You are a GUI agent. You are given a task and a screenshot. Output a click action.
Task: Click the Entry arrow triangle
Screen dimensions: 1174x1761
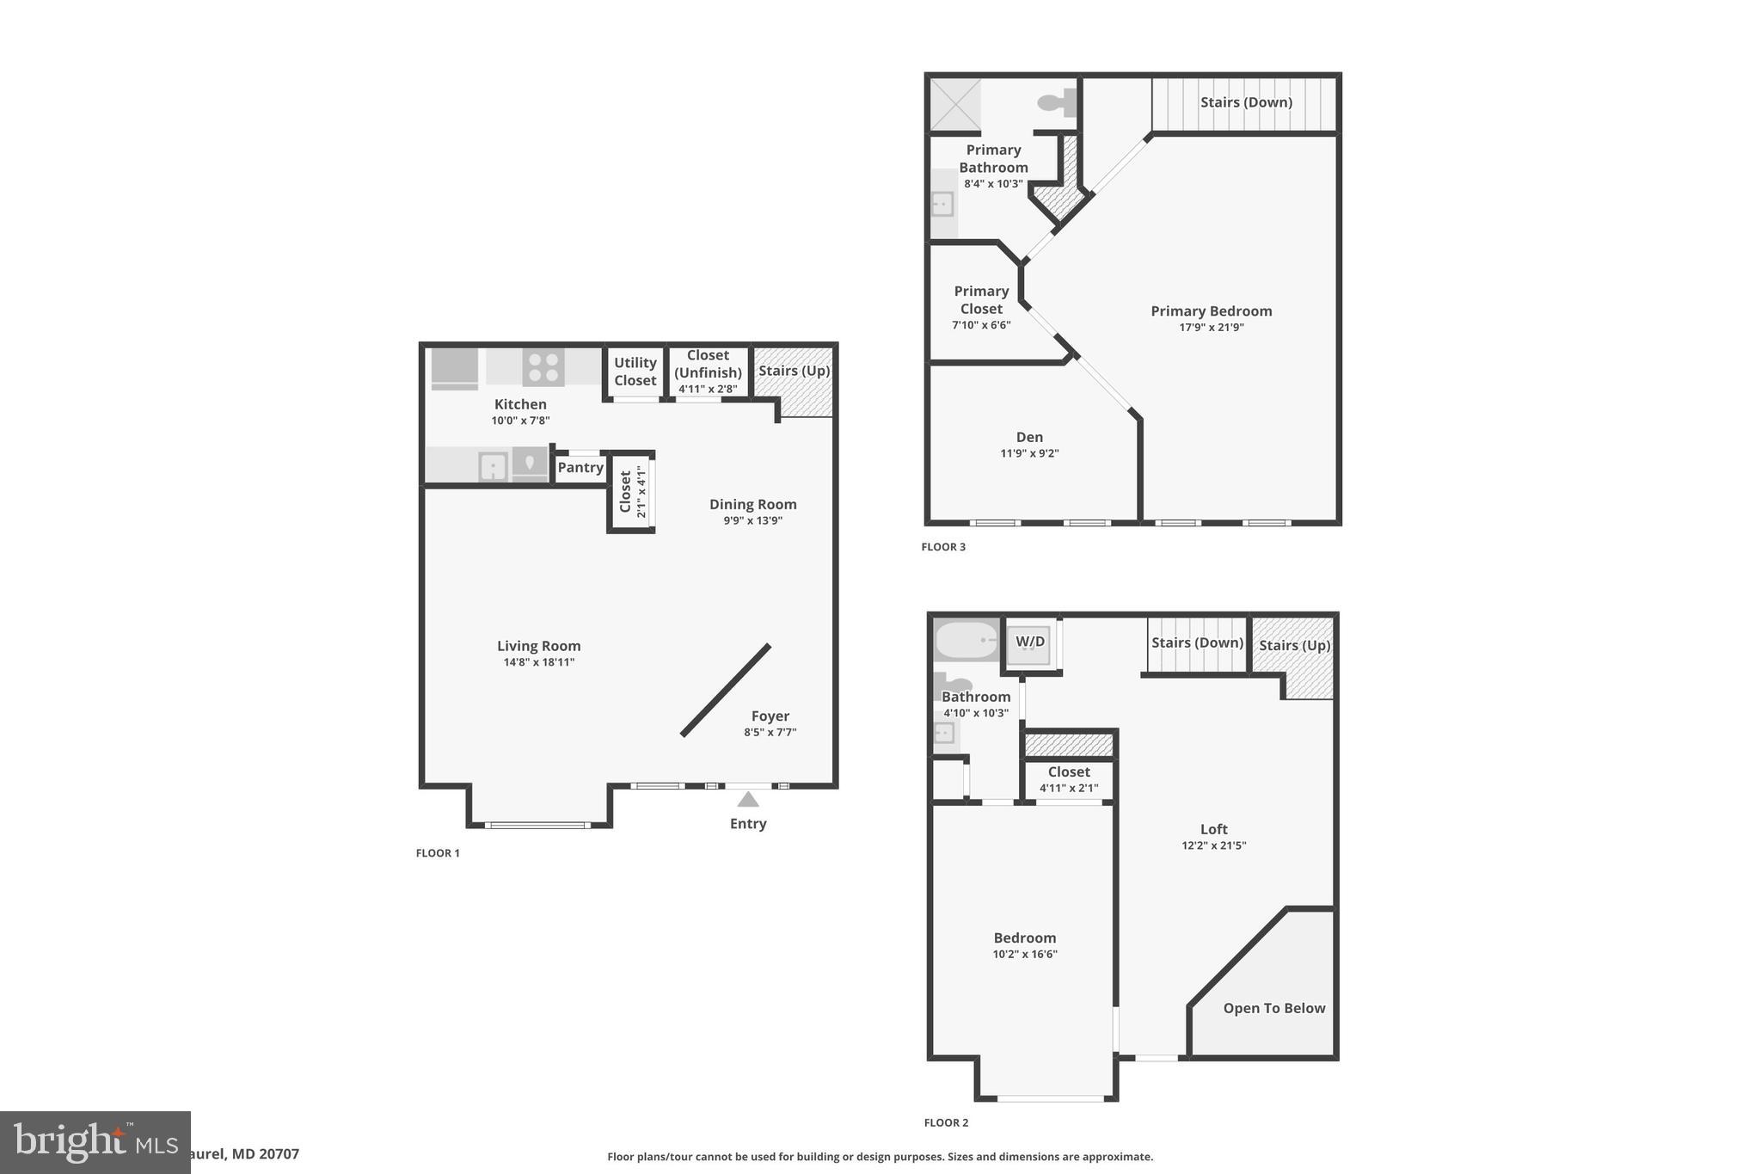748,800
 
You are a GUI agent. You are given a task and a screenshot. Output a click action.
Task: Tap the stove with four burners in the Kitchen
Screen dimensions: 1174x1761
543,367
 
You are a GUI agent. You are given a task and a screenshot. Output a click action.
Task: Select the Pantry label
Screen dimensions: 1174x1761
580,467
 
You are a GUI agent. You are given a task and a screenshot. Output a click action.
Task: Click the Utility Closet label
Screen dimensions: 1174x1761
635,372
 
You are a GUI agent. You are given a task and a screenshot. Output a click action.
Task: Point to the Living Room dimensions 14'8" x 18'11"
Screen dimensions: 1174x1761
539,662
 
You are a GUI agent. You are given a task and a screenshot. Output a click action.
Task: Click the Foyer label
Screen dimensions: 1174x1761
770,716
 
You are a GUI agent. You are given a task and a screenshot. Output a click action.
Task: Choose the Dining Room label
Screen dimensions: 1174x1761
753,504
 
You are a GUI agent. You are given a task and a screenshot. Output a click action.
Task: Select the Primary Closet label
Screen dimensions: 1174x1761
981,300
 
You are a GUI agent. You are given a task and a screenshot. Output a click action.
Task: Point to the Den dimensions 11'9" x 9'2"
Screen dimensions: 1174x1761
1029,453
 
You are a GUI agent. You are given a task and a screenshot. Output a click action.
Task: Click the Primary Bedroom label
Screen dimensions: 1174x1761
1212,311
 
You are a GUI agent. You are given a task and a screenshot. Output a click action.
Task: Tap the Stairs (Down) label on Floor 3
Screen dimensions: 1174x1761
1246,102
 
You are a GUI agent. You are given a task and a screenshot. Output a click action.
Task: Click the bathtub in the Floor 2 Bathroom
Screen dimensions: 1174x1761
966,641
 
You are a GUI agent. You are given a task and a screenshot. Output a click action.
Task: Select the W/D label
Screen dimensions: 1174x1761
1030,642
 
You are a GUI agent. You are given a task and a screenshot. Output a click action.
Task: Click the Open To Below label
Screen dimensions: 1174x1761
1274,1008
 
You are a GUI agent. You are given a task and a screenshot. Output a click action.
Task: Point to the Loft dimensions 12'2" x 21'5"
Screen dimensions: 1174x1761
1214,845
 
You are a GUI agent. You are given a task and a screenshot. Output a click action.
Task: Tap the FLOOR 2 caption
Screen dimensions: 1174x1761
946,1122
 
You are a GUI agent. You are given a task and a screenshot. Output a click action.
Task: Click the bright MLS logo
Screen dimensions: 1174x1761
95,1142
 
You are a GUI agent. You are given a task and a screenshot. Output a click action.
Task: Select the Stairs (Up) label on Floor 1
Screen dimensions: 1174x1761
794,371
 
